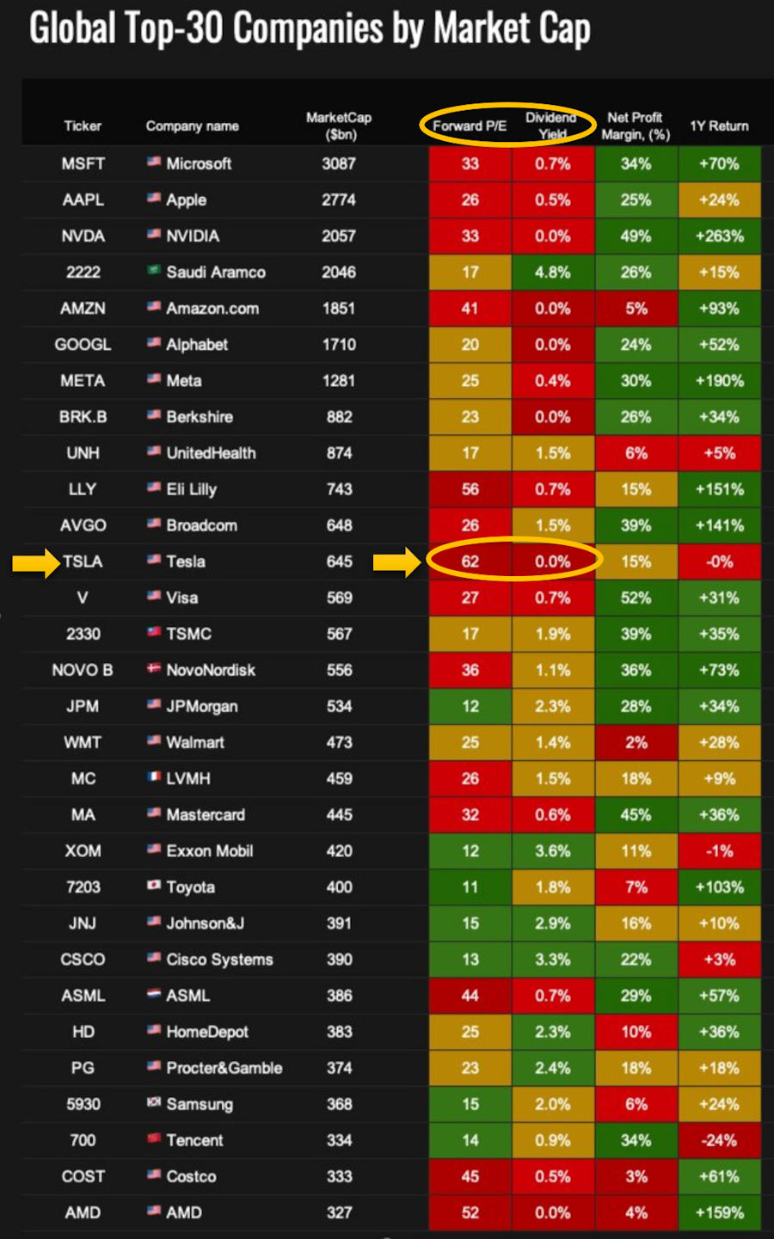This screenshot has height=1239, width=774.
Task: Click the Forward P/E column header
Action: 469,126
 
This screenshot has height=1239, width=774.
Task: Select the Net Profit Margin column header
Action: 636,126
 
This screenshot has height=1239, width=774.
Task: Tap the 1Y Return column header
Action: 719,126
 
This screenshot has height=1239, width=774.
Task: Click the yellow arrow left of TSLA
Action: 34,563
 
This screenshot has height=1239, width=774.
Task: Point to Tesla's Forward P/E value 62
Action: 470,561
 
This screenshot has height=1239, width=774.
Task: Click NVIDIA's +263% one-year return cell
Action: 720,236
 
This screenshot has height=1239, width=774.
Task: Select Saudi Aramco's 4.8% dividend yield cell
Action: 553,272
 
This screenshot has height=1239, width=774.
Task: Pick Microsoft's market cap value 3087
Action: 339,163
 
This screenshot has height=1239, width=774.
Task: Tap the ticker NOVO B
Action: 83,670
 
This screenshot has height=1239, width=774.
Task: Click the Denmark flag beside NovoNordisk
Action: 154,668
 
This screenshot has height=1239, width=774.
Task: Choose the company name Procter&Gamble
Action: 224,1068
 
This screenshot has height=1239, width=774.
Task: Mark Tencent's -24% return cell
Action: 720,1140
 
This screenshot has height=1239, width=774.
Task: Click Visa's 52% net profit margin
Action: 636,598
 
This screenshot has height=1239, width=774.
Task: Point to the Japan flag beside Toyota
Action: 154,886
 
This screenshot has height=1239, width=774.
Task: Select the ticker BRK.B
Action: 83,417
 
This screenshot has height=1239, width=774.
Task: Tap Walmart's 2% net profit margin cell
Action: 636,742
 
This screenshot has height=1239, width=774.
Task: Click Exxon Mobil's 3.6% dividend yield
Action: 553,850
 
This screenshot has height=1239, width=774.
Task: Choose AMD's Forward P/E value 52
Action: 470,1212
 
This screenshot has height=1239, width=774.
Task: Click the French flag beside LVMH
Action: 154,776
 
